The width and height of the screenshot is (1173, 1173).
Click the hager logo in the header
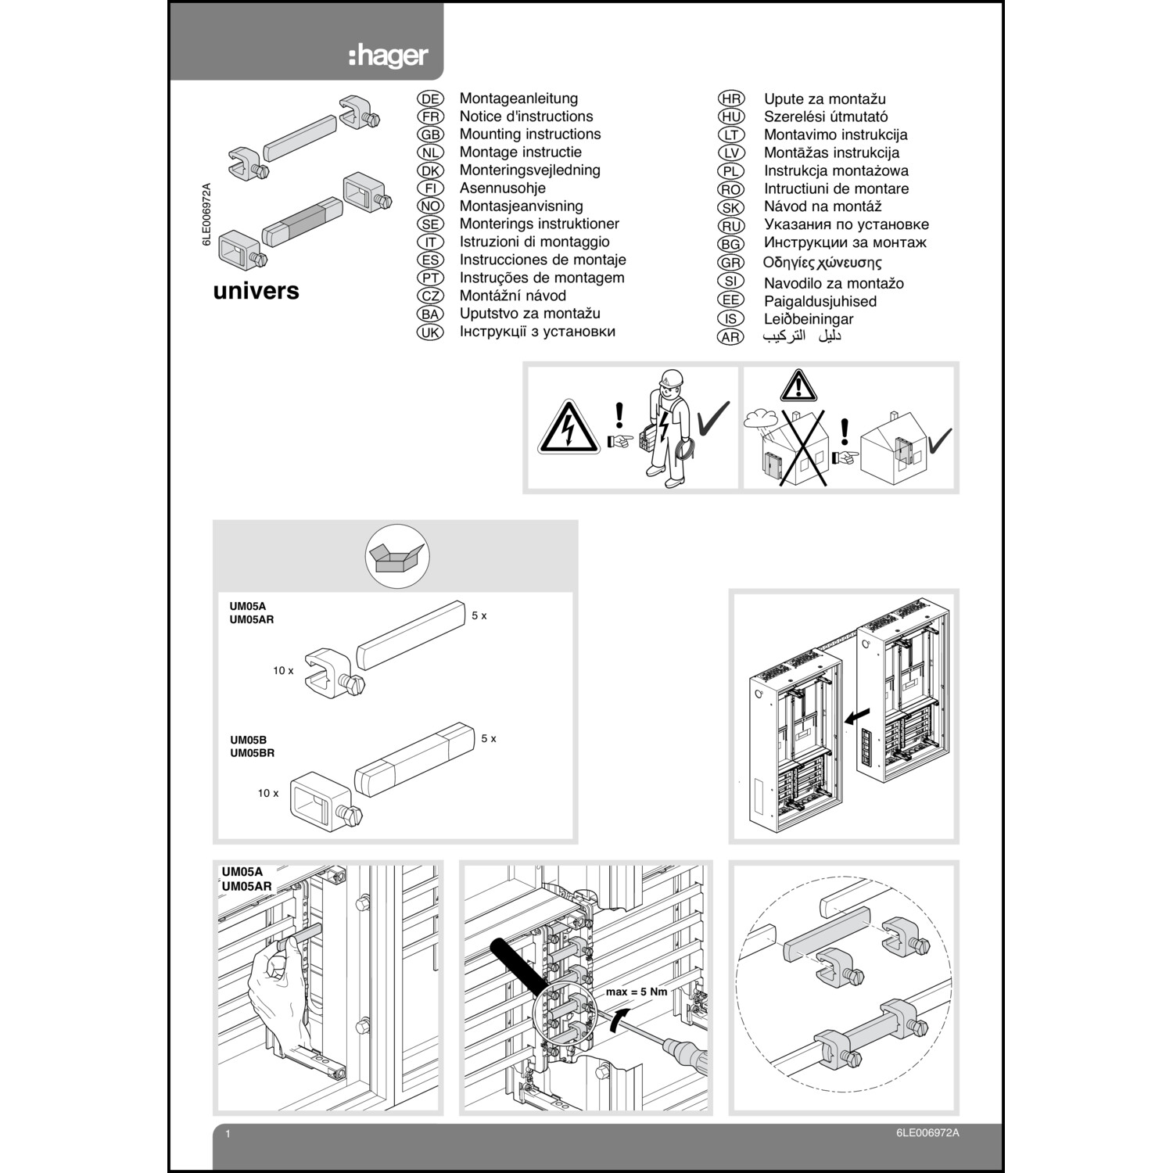coord(389,56)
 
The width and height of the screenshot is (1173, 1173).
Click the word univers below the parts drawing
coord(256,291)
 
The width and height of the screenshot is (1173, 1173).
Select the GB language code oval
coord(430,135)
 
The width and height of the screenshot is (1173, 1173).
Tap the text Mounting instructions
coord(529,135)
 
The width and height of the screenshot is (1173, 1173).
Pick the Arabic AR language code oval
coord(730,337)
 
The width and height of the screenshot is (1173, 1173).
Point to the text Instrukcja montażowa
coord(835,170)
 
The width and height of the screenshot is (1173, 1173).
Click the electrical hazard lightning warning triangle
coord(569,429)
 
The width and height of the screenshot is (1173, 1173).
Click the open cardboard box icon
coord(397,558)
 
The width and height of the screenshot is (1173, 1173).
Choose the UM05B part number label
coord(248,740)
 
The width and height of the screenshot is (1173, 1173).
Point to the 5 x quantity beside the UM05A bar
coord(479,616)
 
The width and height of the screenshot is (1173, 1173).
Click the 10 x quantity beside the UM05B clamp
coord(267,793)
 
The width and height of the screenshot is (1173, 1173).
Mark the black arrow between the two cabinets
coord(857,716)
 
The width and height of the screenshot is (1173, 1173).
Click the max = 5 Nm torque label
coord(636,992)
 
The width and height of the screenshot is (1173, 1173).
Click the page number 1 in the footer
coord(228,1134)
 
